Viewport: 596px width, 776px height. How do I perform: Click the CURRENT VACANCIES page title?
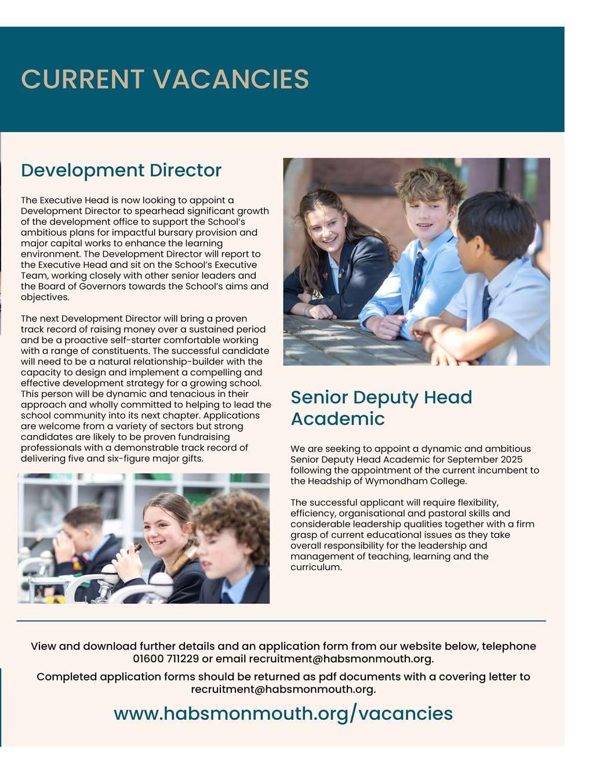point(165,79)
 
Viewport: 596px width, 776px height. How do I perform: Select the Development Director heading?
point(121,170)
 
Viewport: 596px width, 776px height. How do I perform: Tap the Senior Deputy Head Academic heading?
point(381,408)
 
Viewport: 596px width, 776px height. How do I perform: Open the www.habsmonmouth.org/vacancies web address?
point(283,713)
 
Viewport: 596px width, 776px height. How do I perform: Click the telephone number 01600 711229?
point(166,659)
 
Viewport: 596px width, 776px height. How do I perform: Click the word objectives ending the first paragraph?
point(44,297)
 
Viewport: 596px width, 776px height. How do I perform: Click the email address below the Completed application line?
point(283,689)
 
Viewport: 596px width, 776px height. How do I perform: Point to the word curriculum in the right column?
point(315,567)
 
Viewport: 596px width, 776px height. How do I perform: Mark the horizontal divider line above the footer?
point(281,621)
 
